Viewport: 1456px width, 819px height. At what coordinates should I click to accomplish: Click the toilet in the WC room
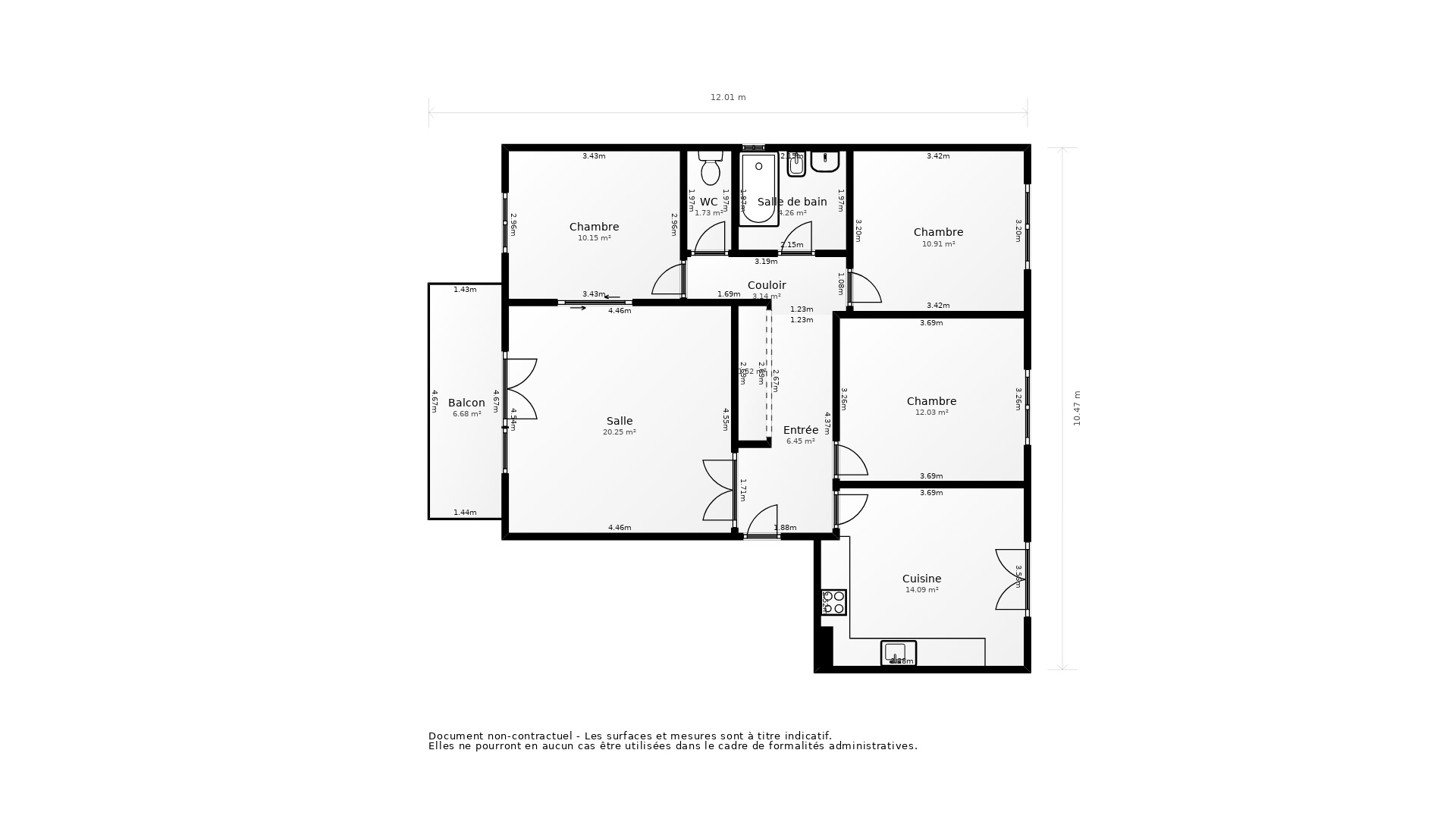coord(710,169)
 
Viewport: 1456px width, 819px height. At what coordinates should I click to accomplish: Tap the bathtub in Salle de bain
coord(759,190)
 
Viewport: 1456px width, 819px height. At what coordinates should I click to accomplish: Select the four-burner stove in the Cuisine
coord(833,602)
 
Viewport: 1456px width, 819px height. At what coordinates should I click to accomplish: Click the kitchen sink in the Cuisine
coord(898,653)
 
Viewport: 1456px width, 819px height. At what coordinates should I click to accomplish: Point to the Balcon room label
coord(466,403)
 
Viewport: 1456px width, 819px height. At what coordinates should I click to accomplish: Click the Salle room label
coord(619,421)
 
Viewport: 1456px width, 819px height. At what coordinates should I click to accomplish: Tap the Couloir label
coord(767,285)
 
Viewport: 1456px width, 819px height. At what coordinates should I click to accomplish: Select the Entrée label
coord(800,430)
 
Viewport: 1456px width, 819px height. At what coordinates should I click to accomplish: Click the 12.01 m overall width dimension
coord(727,97)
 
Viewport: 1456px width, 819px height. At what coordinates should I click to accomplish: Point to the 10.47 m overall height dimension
coord(1077,408)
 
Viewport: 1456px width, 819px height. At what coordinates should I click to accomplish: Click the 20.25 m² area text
coord(619,432)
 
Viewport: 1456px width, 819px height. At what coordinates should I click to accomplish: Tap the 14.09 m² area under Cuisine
coord(921,590)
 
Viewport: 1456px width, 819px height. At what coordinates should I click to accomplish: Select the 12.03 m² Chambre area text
coord(931,413)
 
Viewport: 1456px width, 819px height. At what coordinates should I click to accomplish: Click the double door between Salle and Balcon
coord(522,389)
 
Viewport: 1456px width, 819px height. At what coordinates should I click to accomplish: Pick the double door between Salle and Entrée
coord(718,490)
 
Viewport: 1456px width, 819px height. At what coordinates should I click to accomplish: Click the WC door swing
coord(711,238)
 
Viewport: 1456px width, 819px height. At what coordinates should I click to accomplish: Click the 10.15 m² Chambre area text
coord(594,238)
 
